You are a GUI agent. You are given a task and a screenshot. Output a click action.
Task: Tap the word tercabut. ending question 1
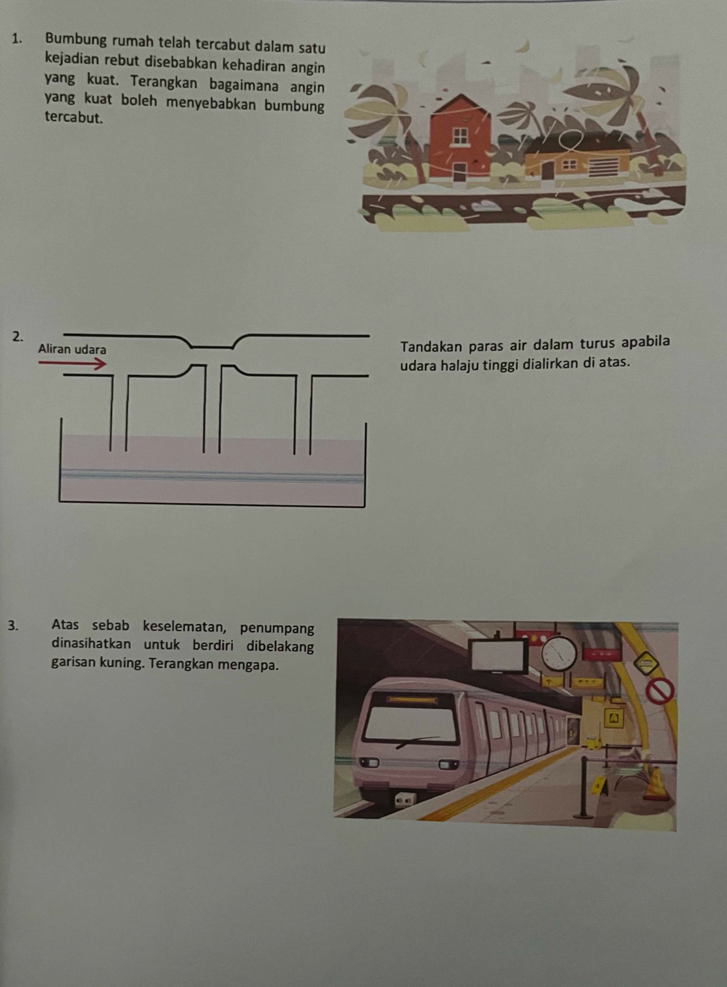[74, 118]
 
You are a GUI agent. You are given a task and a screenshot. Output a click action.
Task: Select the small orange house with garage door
[576, 160]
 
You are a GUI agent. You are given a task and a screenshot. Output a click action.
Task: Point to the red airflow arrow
[72, 363]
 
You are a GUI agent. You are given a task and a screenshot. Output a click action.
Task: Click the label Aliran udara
[72, 349]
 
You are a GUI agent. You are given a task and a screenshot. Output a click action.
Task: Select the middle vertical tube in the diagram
[212, 407]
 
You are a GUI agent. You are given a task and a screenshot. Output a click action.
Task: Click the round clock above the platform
[560, 653]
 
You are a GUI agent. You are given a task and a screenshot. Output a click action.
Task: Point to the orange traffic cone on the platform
[656, 784]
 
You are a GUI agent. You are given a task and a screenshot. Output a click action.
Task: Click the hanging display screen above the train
[500, 655]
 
